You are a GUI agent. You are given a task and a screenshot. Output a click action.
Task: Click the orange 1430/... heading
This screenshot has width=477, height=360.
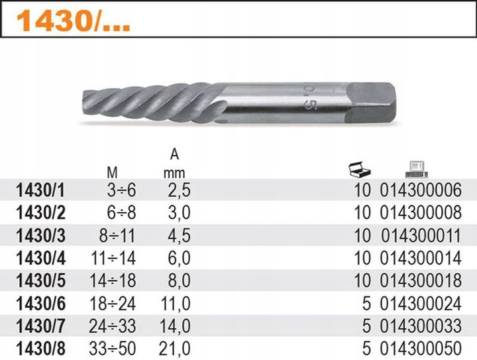(74, 21)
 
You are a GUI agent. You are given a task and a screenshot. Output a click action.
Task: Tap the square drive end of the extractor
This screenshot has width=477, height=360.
(371, 103)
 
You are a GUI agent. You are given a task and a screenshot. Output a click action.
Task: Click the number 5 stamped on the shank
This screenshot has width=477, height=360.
(310, 104)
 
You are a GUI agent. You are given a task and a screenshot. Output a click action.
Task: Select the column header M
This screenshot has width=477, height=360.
(112, 173)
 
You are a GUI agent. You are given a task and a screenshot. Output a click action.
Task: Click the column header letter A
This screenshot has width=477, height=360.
(174, 154)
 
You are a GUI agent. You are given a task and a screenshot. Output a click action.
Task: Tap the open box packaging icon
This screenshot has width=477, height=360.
(360, 169)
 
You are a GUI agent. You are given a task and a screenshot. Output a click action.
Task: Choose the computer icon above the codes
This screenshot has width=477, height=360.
(416, 169)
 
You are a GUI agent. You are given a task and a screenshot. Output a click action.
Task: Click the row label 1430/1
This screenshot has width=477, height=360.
(40, 191)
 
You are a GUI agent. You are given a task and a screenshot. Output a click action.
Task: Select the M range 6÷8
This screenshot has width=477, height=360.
(121, 213)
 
